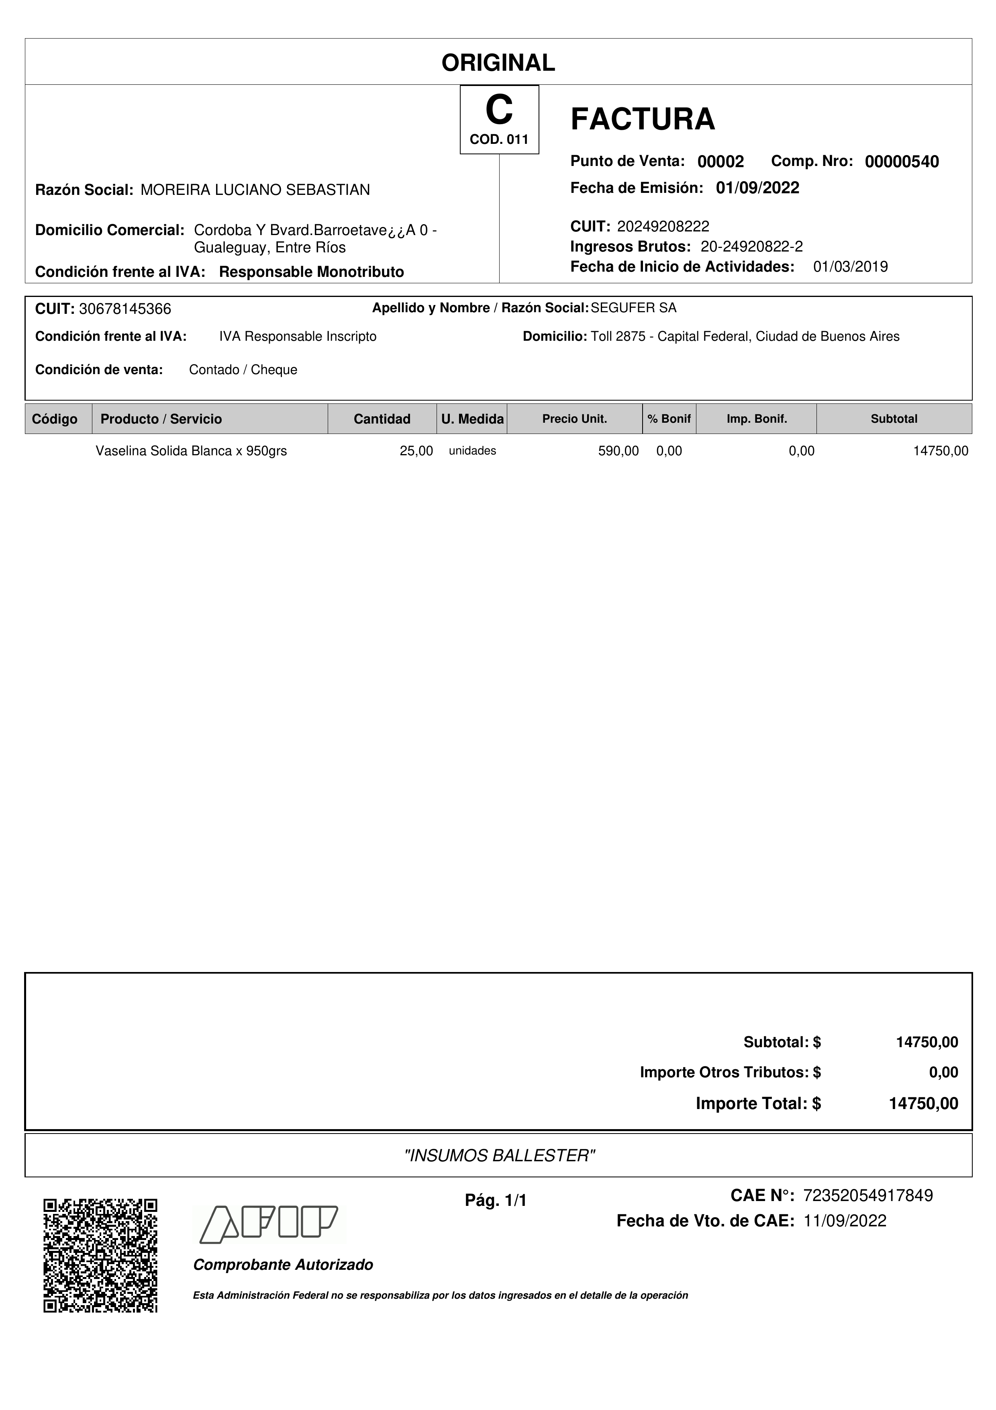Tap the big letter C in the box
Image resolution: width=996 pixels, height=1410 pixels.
click(x=499, y=111)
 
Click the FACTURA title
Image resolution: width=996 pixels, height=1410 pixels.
click(x=643, y=119)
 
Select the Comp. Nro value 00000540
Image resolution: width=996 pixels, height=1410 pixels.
click(x=902, y=162)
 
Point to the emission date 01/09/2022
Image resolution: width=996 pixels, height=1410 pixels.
click(x=757, y=188)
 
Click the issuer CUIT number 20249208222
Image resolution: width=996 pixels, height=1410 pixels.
click(x=663, y=227)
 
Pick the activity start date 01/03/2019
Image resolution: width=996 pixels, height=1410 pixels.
click(x=850, y=266)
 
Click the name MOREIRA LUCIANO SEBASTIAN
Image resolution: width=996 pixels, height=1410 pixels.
click(x=255, y=190)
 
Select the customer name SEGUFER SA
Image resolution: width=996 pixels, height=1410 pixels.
click(x=633, y=308)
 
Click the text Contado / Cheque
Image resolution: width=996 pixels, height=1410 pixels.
click(x=243, y=370)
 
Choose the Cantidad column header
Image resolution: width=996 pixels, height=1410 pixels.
click(x=382, y=419)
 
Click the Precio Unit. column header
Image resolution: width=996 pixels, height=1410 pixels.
click(x=574, y=419)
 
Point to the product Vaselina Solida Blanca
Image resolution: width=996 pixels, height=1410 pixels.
click(x=191, y=451)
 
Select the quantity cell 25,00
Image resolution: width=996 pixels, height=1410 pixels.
click(x=416, y=451)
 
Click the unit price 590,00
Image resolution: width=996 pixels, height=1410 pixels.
click(x=618, y=451)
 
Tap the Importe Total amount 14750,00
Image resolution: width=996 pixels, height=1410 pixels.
click(x=923, y=1103)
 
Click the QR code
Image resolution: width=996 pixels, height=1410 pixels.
click(x=100, y=1256)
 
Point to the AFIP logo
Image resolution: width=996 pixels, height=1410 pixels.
click(x=270, y=1225)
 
